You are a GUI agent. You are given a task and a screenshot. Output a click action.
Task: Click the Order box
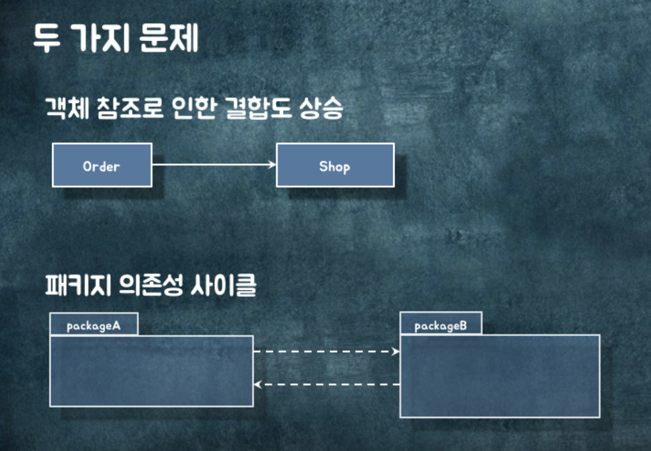pos(102,166)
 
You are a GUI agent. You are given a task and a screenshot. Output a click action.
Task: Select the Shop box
pos(335,166)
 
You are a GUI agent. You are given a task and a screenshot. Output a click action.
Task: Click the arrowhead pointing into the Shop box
pos(272,165)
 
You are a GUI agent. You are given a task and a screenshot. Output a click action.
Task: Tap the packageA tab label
pos(94,325)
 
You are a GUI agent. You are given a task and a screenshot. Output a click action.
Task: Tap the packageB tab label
pos(441,325)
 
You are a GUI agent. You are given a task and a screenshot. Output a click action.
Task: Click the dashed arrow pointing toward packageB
pos(326,351)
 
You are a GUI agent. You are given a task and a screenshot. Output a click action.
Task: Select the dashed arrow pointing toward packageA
pos(326,384)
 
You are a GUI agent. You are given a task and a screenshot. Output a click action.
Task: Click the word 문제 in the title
pos(169,38)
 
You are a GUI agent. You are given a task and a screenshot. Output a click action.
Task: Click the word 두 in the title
pos(47,38)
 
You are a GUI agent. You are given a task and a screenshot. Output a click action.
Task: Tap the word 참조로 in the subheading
pos(129,108)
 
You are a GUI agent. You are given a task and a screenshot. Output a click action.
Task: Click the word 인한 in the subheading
pos(194,108)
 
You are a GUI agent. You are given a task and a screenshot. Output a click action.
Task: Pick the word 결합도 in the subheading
pos(258,108)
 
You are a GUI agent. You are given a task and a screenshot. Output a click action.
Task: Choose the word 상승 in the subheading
pos(321,108)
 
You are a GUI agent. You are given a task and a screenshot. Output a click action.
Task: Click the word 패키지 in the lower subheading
pos(78,285)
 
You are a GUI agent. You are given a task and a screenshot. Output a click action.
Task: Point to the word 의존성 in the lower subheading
pos(150,285)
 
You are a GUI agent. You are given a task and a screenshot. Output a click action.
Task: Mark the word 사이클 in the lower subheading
pos(223,285)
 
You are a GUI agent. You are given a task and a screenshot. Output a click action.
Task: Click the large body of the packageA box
pos(151,371)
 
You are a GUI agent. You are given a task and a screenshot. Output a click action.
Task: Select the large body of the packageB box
pos(500,376)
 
